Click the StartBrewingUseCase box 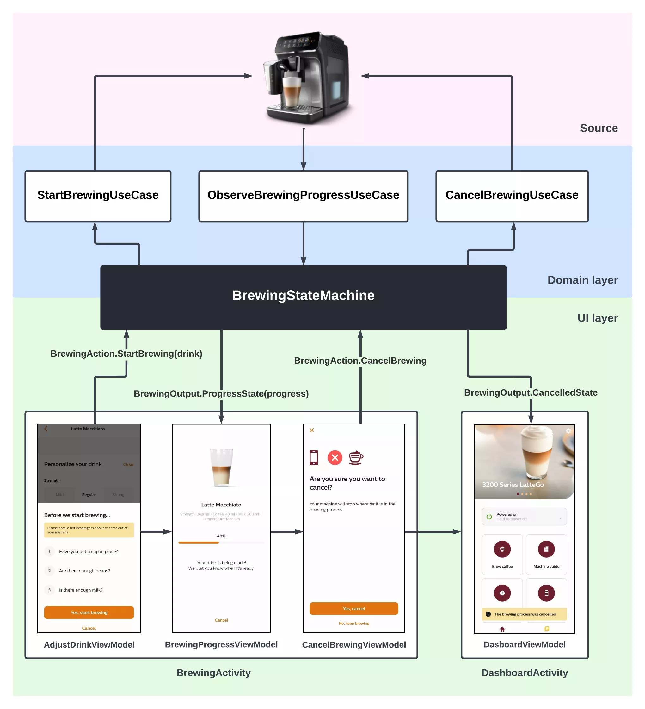[x=98, y=196]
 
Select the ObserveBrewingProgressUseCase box [x=303, y=196]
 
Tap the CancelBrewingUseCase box [x=512, y=196]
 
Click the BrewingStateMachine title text [x=303, y=295]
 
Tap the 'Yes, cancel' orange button [x=353, y=608]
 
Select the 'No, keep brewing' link [x=353, y=623]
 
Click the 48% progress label [x=221, y=536]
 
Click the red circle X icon [x=335, y=458]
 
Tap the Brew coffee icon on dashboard [x=502, y=549]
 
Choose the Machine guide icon [x=546, y=549]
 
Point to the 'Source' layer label [x=598, y=128]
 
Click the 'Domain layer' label [x=582, y=280]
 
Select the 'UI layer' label [x=597, y=318]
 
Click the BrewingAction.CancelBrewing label [x=360, y=361]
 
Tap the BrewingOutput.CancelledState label [x=531, y=392]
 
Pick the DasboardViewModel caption [x=524, y=644]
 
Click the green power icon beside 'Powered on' [x=489, y=516]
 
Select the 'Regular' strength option [x=89, y=494]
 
